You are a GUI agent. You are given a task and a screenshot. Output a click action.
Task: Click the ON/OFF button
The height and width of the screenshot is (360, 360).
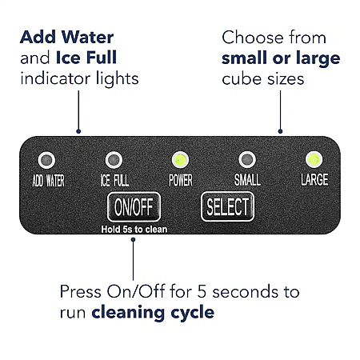click(x=134, y=207)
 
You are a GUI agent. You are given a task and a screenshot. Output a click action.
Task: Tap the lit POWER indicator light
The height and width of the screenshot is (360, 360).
click(x=180, y=160)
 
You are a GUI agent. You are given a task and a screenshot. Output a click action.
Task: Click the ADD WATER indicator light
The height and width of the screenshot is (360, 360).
click(x=46, y=160)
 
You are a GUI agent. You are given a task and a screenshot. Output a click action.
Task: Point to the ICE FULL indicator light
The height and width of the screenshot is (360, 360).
click(x=114, y=160)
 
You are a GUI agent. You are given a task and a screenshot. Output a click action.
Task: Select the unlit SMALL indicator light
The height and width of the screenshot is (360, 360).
click(x=247, y=160)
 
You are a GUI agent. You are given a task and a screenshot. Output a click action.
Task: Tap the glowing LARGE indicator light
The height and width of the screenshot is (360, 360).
click(x=314, y=159)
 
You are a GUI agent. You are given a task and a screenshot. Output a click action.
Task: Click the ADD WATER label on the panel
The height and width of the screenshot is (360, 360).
click(x=48, y=181)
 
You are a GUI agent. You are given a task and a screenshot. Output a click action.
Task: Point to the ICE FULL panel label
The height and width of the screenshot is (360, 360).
click(x=114, y=181)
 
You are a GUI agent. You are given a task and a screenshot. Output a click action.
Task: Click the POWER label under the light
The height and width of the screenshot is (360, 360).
click(x=181, y=180)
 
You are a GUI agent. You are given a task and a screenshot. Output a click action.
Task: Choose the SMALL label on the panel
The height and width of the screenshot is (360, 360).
click(x=247, y=180)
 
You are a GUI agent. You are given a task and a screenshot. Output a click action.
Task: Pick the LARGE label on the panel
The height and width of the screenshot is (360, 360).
click(x=314, y=179)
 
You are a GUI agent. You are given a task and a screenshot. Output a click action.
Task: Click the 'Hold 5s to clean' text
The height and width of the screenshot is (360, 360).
click(x=134, y=230)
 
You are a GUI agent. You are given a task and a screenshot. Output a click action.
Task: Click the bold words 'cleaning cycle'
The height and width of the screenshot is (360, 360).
click(x=153, y=313)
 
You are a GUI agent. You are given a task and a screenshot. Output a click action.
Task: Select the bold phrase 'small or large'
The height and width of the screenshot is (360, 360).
click(x=281, y=59)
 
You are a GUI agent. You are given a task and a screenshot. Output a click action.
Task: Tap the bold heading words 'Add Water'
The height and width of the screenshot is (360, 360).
click(x=67, y=37)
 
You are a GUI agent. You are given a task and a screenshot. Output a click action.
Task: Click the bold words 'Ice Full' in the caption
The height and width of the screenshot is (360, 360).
click(x=86, y=58)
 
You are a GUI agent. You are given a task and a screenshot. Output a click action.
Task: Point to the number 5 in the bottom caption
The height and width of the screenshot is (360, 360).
click(x=202, y=291)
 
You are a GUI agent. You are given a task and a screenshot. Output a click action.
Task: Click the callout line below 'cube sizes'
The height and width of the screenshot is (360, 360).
click(x=280, y=112)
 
